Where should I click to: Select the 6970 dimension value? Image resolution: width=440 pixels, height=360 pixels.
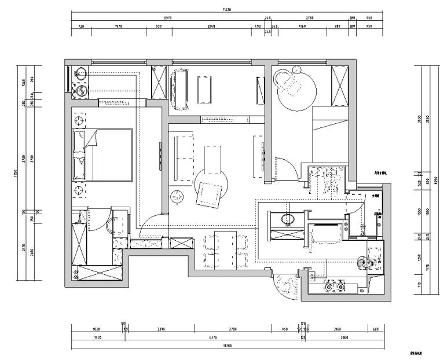pyautogui.click(x=168, y=18)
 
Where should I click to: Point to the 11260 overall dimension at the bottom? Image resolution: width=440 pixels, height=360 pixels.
pyautogui.click(x=226, y=346)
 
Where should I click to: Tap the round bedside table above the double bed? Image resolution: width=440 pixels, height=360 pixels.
pyautogui.click(x=79, y=120)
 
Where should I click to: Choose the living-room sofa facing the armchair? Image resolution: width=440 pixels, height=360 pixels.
pyautogui.click(x=181, y=155)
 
